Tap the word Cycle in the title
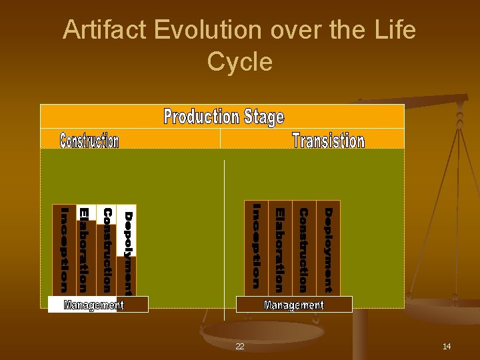239,62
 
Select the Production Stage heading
223,117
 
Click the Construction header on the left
89,141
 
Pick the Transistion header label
328,141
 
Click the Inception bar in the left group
64,250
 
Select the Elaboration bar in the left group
84,250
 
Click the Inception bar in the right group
256,247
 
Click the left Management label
94,305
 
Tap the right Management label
294,305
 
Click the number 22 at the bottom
239,347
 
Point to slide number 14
447,346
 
